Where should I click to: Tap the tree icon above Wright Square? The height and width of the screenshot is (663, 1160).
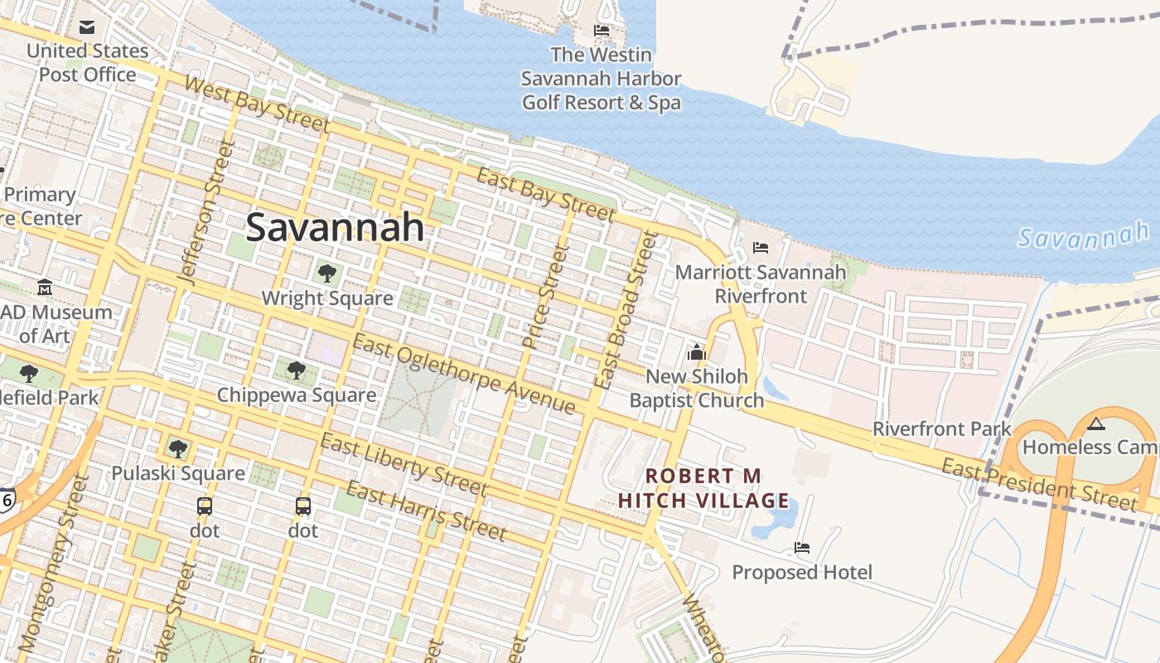point(327,272)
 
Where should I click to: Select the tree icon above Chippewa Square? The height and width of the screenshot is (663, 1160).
point(296,370)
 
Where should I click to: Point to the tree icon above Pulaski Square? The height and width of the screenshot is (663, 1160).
point(177,448)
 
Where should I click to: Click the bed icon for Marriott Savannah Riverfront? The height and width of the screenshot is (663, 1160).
point(760,248)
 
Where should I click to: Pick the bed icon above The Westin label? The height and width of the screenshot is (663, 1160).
point(602,31)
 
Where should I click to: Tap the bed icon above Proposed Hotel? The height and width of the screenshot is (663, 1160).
point(801,548)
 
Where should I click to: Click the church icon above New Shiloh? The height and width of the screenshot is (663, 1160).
point(696,352)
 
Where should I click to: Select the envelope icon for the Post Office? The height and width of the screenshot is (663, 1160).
point(87,27)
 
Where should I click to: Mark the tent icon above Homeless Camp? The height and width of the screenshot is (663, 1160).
point(1096,424)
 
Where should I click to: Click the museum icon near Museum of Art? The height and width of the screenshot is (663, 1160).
point(45,288)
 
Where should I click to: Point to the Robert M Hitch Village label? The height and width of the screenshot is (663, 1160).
point(703,488)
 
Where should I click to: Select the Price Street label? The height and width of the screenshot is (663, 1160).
point(546,295)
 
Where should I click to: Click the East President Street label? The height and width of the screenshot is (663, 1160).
point(1039,485)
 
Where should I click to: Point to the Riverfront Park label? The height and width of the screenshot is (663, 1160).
point(942,429)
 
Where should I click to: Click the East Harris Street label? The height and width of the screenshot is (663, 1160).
point(426,510)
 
